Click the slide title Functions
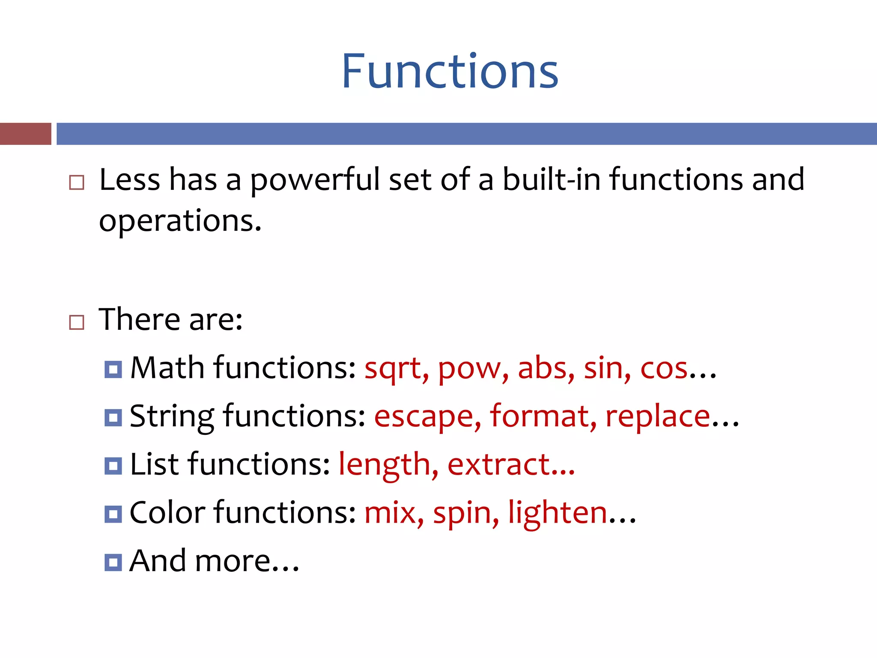(450, 71)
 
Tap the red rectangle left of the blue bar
(25, 134)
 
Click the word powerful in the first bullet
(315, 180)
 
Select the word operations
(180, 222)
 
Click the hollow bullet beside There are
(77, 322)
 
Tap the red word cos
(663, 368)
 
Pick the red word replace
(658, 417)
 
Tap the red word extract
(499, 465)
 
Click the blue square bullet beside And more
(113, 562)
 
